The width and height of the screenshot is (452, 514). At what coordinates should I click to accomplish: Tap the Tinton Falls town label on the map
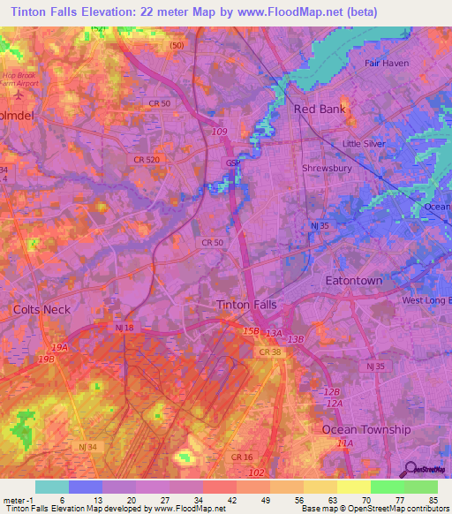(x=246, y=304)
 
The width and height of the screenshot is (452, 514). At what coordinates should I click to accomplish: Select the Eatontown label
(x=354, y=281)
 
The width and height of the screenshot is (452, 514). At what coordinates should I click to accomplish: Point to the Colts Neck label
(x=41, y=309)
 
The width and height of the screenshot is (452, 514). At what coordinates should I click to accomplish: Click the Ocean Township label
(x=365, y=429)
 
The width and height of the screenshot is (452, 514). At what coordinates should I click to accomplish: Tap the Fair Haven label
(x=390, y=64)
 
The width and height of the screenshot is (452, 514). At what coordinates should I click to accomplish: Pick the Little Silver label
(x=365, y=143)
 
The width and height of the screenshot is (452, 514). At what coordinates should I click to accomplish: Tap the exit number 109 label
(x=219, y=132)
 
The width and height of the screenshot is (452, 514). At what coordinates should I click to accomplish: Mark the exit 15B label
(x=252, y=331)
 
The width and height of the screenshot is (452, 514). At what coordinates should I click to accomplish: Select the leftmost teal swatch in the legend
(x=52, y=487)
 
